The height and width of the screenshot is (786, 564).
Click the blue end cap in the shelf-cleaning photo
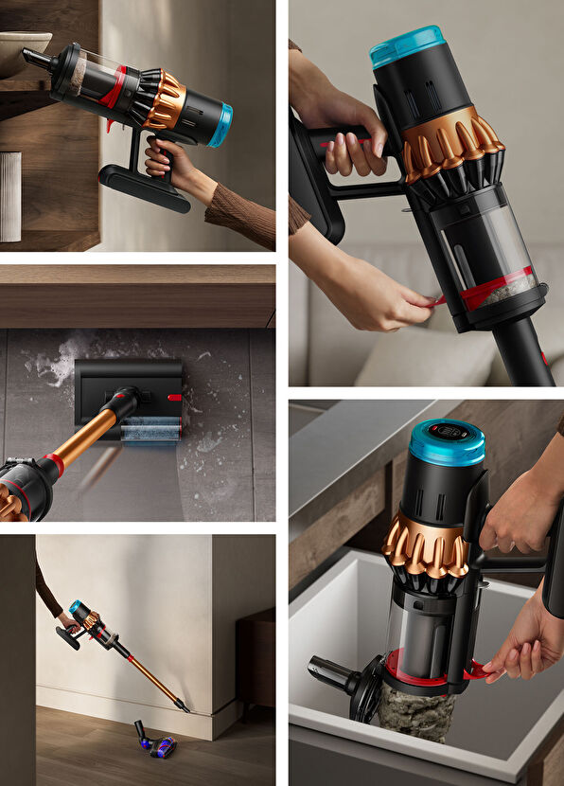click(220, 125)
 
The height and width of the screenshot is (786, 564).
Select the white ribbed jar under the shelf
click(10, 196)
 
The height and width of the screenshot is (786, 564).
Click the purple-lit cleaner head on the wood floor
click(155, 744)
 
